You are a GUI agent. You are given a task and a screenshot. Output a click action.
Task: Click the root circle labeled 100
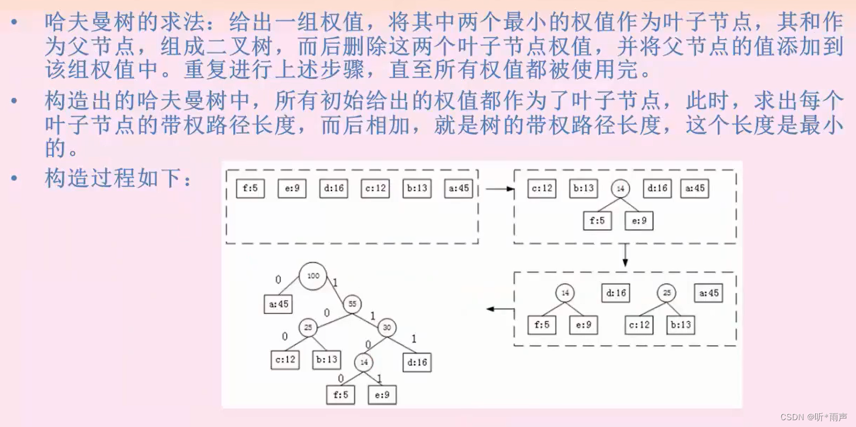coord(313,276)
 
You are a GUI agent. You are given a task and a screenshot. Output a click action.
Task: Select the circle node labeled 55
coord(352,304)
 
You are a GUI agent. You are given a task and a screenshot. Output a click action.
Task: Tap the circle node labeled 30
coord(387,327)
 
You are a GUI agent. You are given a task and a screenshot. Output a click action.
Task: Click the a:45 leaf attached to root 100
coord(278,304)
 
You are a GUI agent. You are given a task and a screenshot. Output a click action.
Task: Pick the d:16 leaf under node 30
coord(417,362)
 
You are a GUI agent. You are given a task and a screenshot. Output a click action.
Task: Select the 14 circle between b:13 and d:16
coord(620,189)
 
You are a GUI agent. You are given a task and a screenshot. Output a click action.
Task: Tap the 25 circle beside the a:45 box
coord(666,293)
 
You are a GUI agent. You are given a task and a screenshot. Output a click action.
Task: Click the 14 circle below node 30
coord(363,362)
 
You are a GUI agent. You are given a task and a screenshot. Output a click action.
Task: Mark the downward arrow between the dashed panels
coord(625,255)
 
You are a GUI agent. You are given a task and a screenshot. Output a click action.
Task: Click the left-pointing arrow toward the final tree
coord(500,309)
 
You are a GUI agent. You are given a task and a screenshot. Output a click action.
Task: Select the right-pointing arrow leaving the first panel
coord(499,189)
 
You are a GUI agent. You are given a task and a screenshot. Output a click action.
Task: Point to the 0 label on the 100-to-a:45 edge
coord(278,280)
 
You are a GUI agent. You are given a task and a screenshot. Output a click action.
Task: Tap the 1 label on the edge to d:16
coord(414,339)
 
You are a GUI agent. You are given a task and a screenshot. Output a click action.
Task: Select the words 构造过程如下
coord(113,179)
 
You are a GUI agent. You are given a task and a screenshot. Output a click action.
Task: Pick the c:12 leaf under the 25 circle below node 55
coord(285,359)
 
